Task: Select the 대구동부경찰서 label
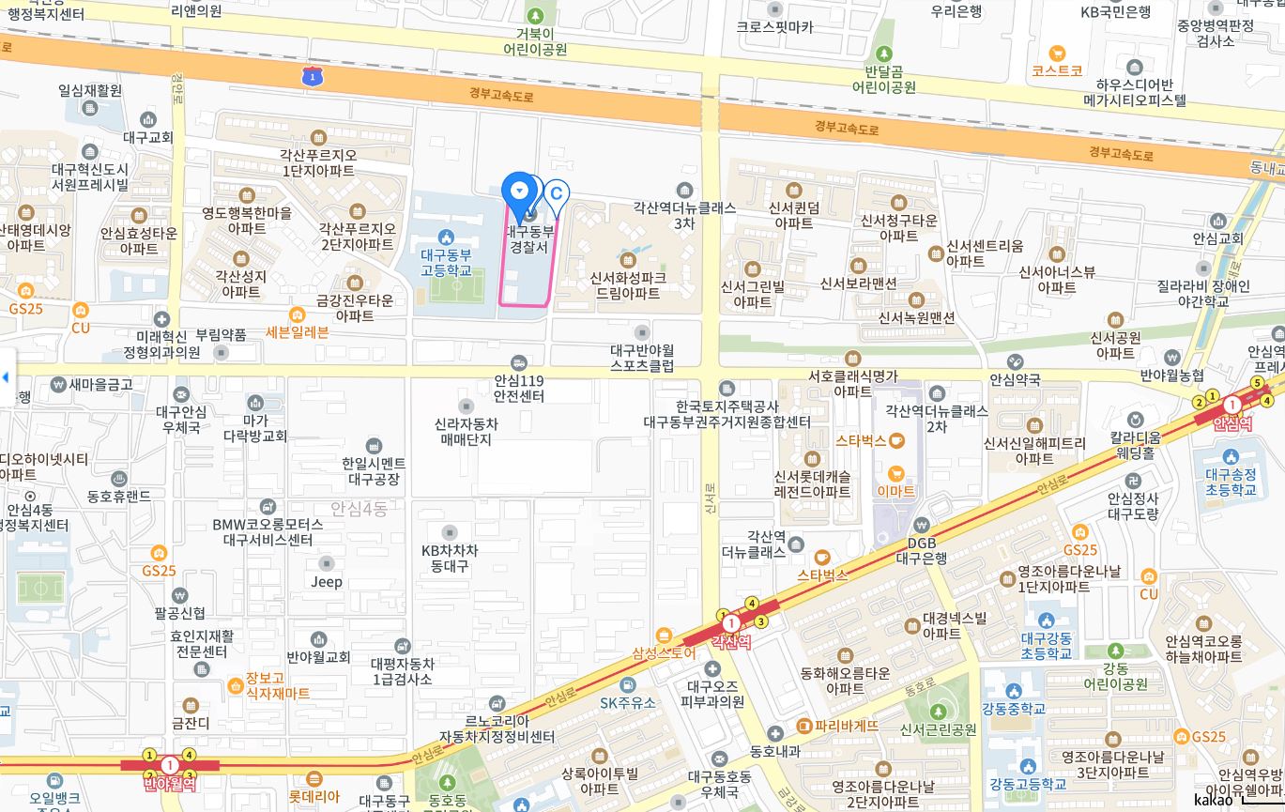click(530, 238)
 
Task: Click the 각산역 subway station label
click(731, 642)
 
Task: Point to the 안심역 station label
click(1232, 423)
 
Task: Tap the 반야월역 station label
click(169, 783)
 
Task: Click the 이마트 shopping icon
click(895, 491)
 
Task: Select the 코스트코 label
click(1057, 70)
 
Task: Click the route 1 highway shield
click(312, 77)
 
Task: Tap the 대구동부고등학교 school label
click(446, 262)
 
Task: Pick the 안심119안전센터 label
click(519, 389)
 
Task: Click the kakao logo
click(1213, 799)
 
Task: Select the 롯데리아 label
click(314, 796)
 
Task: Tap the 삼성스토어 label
click(664, 652)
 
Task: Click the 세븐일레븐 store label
click(298, 331)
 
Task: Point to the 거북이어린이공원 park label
click(535, 41)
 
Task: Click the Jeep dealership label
click(327, 581)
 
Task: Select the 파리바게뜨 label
click(838, 726)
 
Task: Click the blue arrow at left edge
click(6, 377)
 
